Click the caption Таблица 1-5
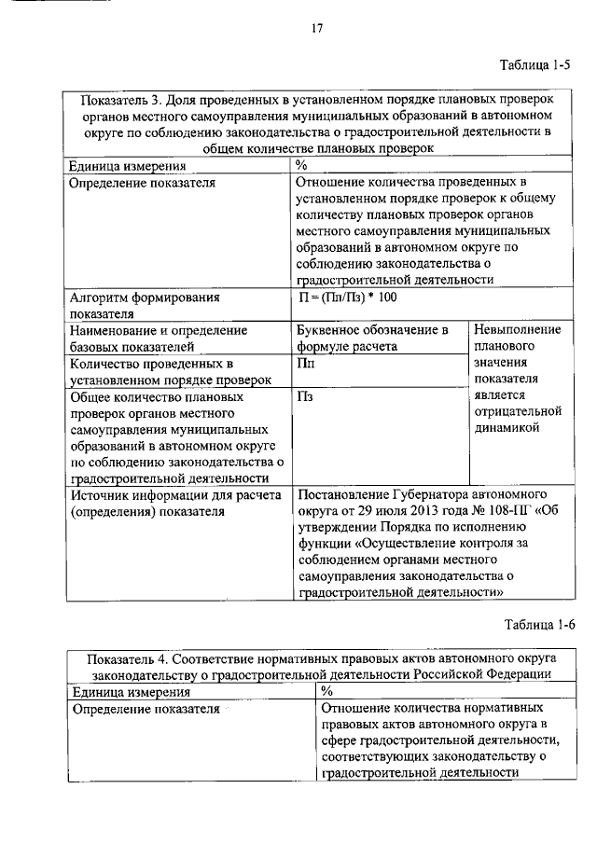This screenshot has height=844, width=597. point(534,64)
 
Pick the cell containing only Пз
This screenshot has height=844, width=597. point(304,397)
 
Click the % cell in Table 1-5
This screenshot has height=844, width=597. point(301,165)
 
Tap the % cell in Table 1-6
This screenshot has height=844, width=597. point(326,692)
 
